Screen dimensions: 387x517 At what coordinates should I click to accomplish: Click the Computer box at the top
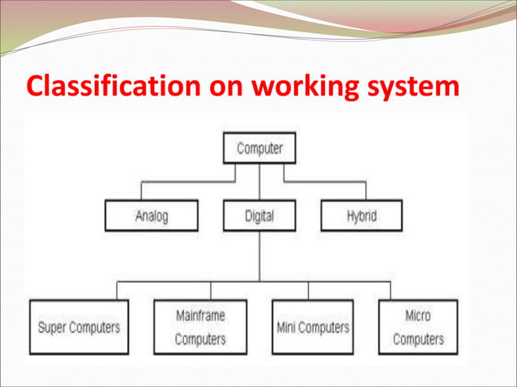(x=259, y=149)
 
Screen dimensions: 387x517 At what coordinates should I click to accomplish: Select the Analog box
(x=152, y=216)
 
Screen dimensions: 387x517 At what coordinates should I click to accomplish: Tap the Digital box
(x=259, y=216)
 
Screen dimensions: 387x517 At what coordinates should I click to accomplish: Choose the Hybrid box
(x=361, y=216)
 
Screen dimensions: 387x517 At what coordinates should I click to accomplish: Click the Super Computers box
(x=79, y=327)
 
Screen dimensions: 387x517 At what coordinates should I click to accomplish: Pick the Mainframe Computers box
(x=200, y=327)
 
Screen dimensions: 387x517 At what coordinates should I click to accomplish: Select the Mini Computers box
(x=312, y=327)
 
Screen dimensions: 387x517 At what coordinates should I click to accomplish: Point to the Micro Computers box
(x=417, y=327)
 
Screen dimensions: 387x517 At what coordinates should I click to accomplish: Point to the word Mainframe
(x=200, y=316)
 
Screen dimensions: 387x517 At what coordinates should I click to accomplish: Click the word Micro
(x=417, y=316)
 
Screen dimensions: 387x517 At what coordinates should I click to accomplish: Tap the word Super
(x=53, y=327)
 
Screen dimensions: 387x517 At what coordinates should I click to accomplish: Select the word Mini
(x=288, y=327)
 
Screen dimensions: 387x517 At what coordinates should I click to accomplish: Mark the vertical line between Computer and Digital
(x=259, y=183)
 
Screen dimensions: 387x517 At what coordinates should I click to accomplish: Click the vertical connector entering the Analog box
(x=142, y=191)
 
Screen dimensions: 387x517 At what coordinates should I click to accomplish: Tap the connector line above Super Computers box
(x=117, y=290)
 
